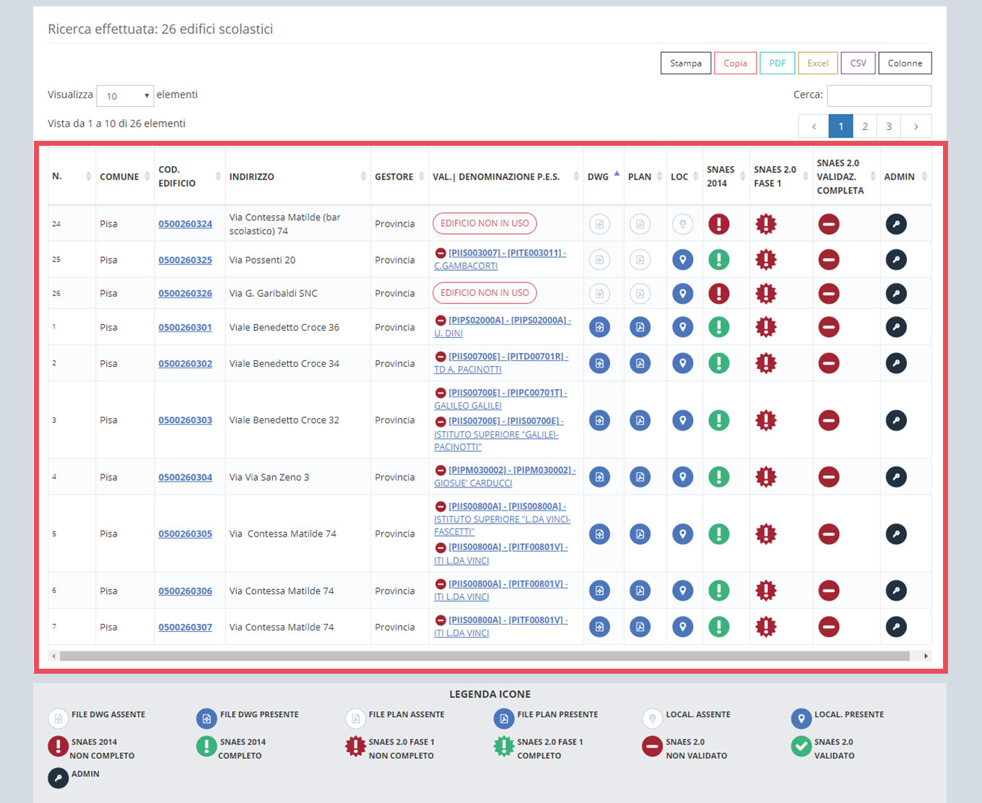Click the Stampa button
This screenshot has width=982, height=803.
[x=685, y=63]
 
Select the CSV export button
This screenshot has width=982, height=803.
[x=858, y=63]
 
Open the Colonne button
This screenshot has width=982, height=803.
[x=905, y=63]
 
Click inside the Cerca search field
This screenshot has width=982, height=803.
[x=879, y=95]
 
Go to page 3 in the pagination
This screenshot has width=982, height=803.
[x=888, y=126]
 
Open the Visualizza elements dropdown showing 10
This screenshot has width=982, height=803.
[x=125, y=95]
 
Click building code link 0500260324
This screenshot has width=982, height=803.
[x=185, y=224]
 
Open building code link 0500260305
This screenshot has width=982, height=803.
[x=185, y=534]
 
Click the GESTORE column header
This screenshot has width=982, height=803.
[x=394, y=176]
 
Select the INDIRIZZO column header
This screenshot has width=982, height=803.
[x=251, y=176]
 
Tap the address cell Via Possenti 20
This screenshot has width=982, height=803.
[x=262, y=260]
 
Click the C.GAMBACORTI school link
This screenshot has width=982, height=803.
[x=466, y=266]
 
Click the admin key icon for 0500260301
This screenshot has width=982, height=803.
[x=896, y=327]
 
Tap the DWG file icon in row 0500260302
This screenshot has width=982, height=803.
[x=599, y=363]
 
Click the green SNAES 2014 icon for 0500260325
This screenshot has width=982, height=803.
[x=718, y=259]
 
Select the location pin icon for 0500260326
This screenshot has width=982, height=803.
[x=682, y=293]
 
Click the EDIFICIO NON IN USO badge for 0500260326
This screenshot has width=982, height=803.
[x=485, y=293]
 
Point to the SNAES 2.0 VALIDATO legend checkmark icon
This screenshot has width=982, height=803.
[x=801, y=746]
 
